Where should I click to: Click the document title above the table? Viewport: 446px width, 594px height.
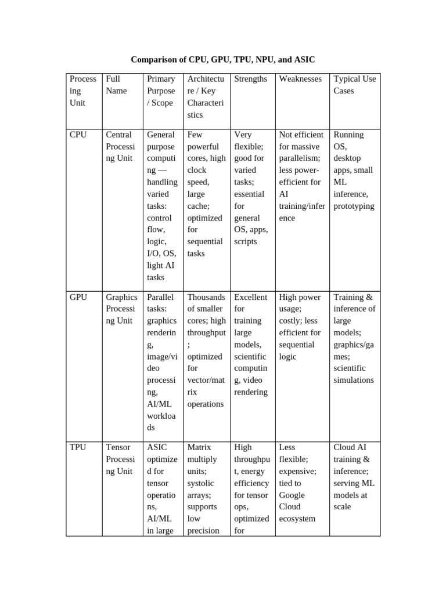tap(223, 60)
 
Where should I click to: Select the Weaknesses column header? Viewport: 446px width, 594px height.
tap(300, 79)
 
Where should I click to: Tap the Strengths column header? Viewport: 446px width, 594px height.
tap(250, 79)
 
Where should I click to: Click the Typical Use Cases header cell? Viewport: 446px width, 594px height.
tap(354, 85)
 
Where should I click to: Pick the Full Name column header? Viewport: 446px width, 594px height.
tap(116, 85)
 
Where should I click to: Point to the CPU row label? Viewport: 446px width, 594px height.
tap(78, 135)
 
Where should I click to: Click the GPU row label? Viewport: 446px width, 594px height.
tap(78, 297)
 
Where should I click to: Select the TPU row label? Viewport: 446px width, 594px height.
tap(78, 447)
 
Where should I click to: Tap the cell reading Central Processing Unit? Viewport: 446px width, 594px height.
tap(120, 146)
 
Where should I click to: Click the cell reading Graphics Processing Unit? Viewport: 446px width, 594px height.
tap(121, 309)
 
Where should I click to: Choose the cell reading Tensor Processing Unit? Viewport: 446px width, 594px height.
tap(120, 459)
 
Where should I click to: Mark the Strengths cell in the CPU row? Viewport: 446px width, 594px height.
tap(251, 188)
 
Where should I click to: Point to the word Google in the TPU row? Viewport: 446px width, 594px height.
tap(292, 495)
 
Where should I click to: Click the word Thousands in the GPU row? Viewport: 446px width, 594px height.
tap(206, 297)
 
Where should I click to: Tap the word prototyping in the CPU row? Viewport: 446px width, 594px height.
tap(354, 206)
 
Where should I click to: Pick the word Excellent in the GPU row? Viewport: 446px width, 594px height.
tap(251, 297)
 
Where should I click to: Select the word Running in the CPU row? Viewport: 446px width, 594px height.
tap(348, 135)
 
